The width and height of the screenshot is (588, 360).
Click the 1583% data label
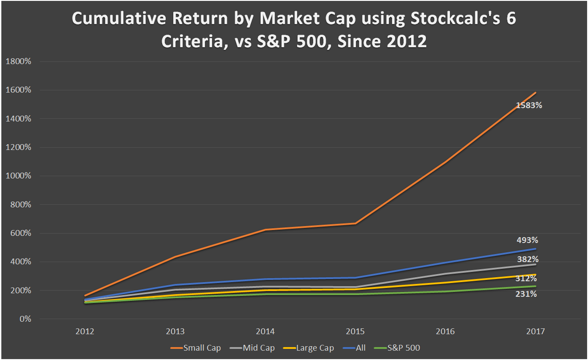point(529,106)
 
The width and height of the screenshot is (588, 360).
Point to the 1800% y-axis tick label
point(18,61)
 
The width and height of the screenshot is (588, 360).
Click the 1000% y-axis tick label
point(18,176)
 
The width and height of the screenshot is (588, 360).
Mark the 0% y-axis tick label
point(24,319)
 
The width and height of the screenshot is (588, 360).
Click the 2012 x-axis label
point(85,332)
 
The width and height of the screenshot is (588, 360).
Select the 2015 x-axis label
point(355,332)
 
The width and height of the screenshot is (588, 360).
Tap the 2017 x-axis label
point(535,332)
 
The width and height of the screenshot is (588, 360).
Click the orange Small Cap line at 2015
point(355,223)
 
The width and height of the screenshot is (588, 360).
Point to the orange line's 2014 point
point(265,230)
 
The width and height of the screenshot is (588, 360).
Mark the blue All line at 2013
point(176,285)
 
